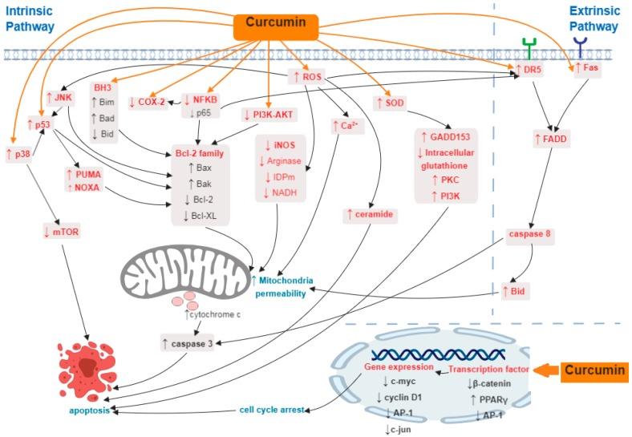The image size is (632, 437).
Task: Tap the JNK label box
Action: point(59,97)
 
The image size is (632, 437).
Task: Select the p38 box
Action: point(19,154)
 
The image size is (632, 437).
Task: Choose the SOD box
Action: point(391,102)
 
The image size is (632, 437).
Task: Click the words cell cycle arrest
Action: point(273,409)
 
